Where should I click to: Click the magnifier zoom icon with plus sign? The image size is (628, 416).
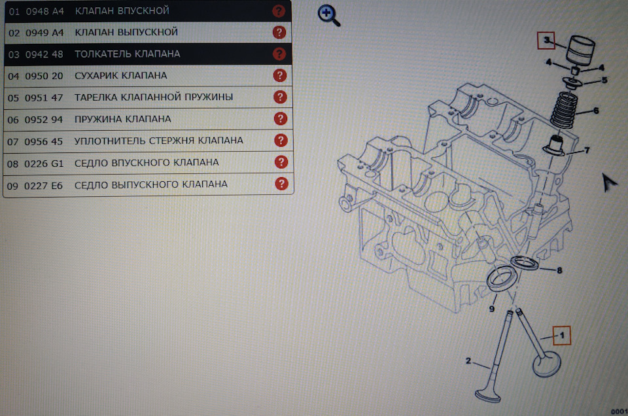(x=328, y=15)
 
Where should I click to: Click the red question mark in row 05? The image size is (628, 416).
(x=280, y=97)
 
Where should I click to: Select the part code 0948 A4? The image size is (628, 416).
(x=44, y=11)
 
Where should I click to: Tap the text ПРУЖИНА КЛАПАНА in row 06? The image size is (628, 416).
(x=123, y=119)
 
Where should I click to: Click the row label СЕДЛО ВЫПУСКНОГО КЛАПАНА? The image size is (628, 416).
(x=151, y=184)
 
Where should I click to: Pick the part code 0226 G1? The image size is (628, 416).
(x=44, y=162)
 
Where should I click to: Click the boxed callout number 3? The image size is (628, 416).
(x=546, y=41)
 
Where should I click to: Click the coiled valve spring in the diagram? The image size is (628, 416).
(x=563, y=113)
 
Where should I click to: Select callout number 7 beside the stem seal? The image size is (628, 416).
(x=587, y=150)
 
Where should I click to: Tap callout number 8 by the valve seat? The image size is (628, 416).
(x=559, y=270)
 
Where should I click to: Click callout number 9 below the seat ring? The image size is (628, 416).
(x=491, y=309)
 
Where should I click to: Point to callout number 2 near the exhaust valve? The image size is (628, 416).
(x=468, y=360)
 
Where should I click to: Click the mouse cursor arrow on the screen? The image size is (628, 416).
(x=610, y=182)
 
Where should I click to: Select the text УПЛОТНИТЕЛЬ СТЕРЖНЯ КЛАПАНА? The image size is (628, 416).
(x=159, y=141)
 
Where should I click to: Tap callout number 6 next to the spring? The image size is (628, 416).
(x=596, y=111)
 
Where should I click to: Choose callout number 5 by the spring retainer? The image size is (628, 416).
(x=604, y=80)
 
